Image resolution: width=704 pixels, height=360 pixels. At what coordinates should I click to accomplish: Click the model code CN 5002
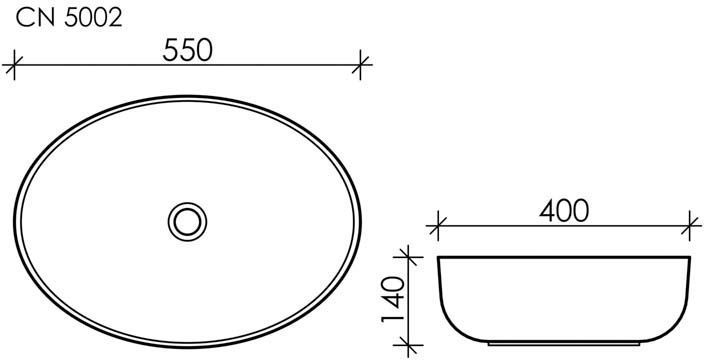tap(69, 18)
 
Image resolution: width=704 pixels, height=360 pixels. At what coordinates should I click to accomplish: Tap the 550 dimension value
tap(187, 50)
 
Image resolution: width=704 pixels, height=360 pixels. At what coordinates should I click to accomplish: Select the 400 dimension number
tap(564, 211)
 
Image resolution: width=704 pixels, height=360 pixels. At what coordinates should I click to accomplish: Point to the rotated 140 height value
tap(393, 299)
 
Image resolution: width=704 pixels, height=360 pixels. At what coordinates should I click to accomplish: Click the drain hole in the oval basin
tap(187, 222)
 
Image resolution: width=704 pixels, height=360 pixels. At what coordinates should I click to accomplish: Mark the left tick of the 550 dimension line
tap(14, 65)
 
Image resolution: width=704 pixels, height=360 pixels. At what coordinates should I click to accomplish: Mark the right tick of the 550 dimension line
tap(360, 65)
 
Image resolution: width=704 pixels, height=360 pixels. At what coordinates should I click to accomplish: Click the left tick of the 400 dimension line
tap(437, 226)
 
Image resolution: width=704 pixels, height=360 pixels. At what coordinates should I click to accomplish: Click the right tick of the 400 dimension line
tap(690, 226)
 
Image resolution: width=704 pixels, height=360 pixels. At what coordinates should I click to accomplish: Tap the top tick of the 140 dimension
tap(408, 257)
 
